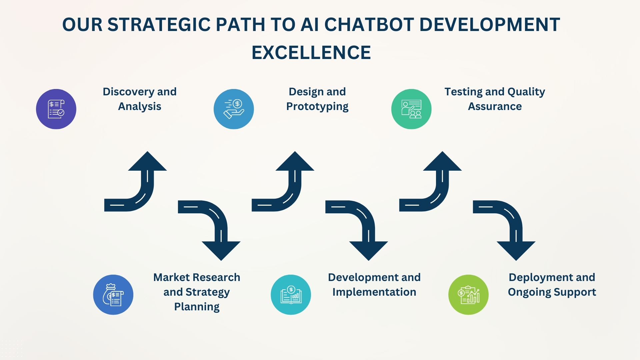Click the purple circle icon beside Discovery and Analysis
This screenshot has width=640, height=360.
pyautogui.click(x=56, y=109)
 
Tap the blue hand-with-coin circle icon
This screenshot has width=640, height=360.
pyautogui.click(x=234, y=109)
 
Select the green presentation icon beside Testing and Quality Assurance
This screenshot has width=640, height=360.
pyautogui.click(x=411, y=109)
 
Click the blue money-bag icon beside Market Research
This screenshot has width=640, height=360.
pyautogui.click(x=113, y=295)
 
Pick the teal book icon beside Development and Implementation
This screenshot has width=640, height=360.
pyautogui.click(x=291, y=295)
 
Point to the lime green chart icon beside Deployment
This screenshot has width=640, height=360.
pyautogui.click(x=468, y=295)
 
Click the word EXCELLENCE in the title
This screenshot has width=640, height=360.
pyautogui.click(x=311, y=53)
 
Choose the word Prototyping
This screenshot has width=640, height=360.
pyautogui.click(x=317, y=106)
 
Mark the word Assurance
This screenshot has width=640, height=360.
pyautogui.click(x=495, y=106)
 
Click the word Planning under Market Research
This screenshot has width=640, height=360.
pyautogui.click(x=197, y=307)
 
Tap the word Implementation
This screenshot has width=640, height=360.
pyautogui.click(x=374, y=292)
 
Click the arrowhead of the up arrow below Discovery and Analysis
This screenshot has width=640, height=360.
pyautogui.click(x=147, y=162)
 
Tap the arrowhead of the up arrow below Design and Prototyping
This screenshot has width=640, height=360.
pyautogui.click(x=295, y=162)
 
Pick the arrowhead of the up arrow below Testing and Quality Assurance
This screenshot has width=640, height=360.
pyautogui.click(x=442, y=162)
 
